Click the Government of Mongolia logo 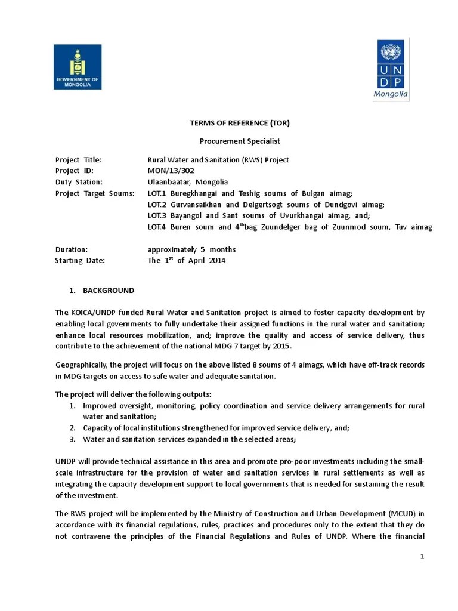point(78,67)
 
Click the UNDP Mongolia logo point(391,70)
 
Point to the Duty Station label point(79,182)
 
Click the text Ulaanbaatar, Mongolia point(188,182)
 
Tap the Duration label point(72,249)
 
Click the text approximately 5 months point(191,249)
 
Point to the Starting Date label point(79,261)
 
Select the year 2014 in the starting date point(217,261)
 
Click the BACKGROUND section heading point(108,291)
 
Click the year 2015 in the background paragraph point(280,346)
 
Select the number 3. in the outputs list point(71,439)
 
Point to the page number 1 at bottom point(422,557)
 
